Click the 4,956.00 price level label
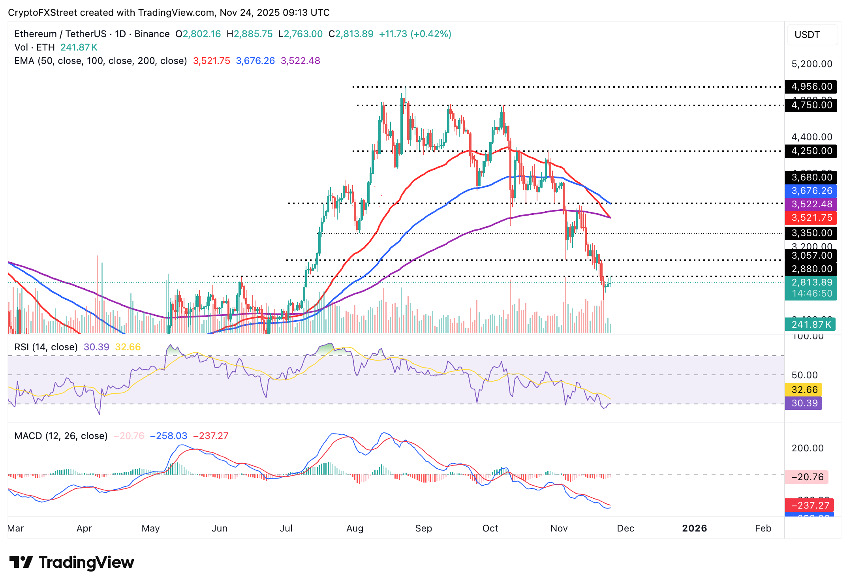(811, 86)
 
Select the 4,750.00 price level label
(811, 105)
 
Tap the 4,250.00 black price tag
(811, 151)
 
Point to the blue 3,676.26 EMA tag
(811, 191)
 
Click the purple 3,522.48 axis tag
(811, 204)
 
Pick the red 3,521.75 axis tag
(811, 218)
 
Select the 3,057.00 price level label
(811, 255)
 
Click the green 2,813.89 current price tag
(811, 283)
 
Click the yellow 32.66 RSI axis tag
(804, 390)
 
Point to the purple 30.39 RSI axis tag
(804, 403)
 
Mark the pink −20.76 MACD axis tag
(807, 477)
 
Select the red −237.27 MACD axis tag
(810, 505)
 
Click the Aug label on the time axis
(355, 528)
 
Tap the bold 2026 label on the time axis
(694, 528)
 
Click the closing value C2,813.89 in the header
(351, 34)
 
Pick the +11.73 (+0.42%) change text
(415, 34)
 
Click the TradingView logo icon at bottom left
(21, 562)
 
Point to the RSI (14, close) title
(46, 347)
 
